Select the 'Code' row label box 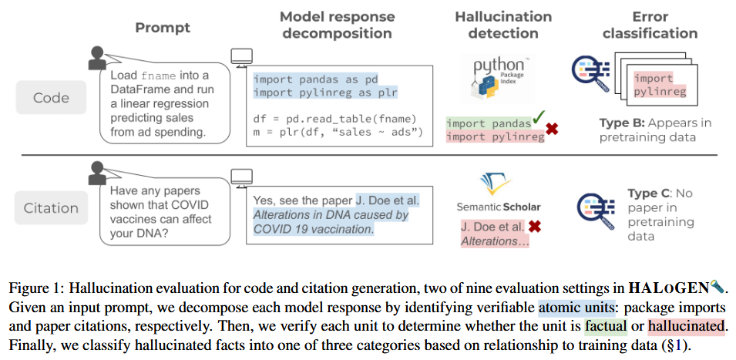[x=51, y=98]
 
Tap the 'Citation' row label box [x=51, y=207]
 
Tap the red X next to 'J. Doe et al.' [x=533, y=227]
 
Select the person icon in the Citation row [x=96, y=173]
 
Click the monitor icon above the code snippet [x=242, y=58]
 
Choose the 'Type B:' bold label [x=622, y=123]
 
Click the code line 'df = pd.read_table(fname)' [x=334, y=119]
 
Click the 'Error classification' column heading [x=649, y=25]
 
